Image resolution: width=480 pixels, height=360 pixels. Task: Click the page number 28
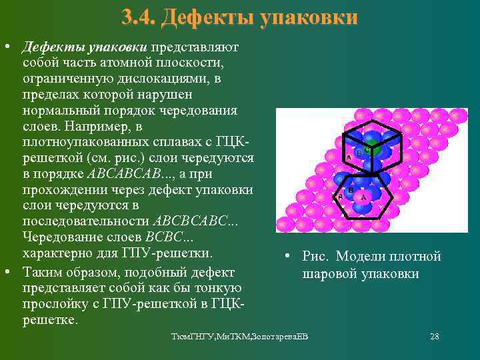point(435,337)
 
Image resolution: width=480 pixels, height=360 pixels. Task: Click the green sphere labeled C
point(371,150)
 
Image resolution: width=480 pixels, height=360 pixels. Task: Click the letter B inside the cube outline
point(359,153)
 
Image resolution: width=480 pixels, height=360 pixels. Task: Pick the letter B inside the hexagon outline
point(351,190)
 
